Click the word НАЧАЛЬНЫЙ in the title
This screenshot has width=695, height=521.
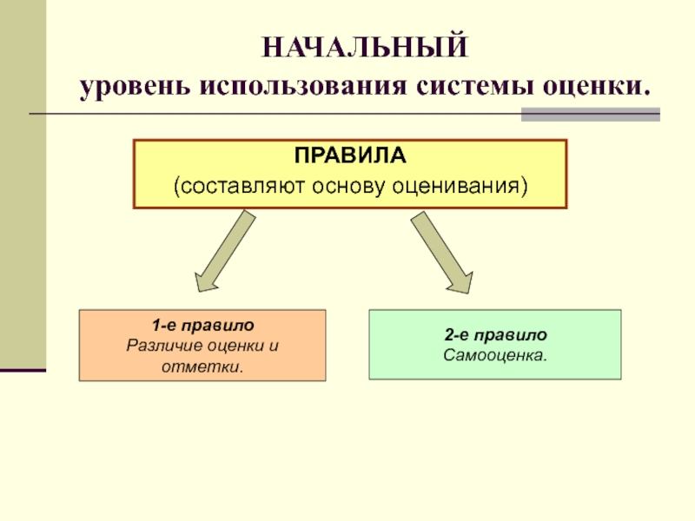click(365, 46)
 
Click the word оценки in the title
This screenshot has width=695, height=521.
click(597, 88)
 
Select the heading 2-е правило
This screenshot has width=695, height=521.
click(495, 335)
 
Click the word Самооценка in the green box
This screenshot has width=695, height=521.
click(493, 355)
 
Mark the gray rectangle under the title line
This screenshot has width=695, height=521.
click(590, 115)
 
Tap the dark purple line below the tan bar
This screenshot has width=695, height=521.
click(23, 371)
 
